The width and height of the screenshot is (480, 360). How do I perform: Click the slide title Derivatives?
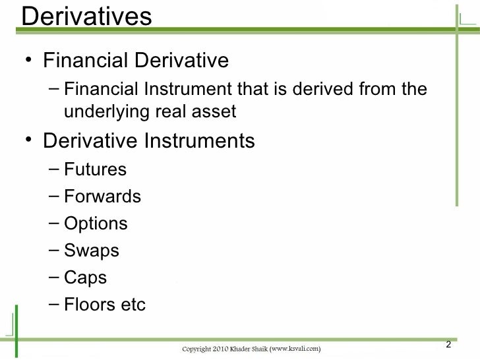(86, 16)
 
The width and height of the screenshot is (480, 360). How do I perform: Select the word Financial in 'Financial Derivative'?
(83, 61)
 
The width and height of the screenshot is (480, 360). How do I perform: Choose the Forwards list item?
(102, 197)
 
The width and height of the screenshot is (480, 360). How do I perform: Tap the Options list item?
(96, 224)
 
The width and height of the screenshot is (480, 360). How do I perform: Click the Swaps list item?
(92, 252)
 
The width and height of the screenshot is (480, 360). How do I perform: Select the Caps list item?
(86, 278)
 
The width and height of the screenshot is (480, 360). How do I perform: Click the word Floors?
(91, 305)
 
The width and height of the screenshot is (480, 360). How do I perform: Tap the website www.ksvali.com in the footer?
(295, 347)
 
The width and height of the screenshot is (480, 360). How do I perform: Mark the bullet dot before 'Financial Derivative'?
(27, 61)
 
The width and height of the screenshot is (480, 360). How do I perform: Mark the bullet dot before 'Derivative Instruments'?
(27, 141)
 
